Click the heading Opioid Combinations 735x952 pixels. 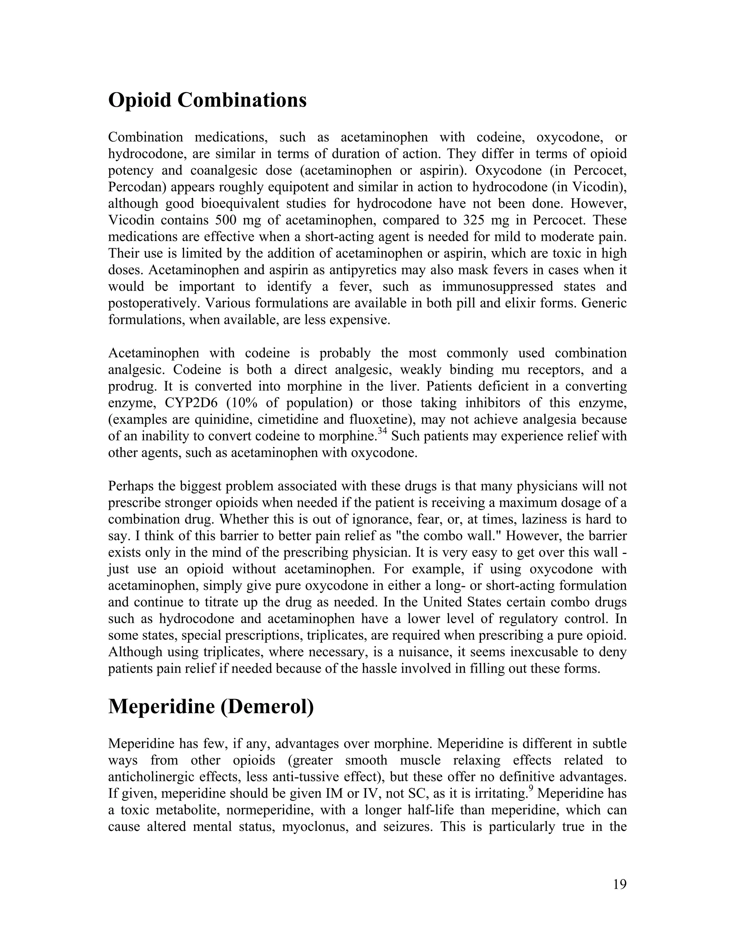(207, 100)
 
